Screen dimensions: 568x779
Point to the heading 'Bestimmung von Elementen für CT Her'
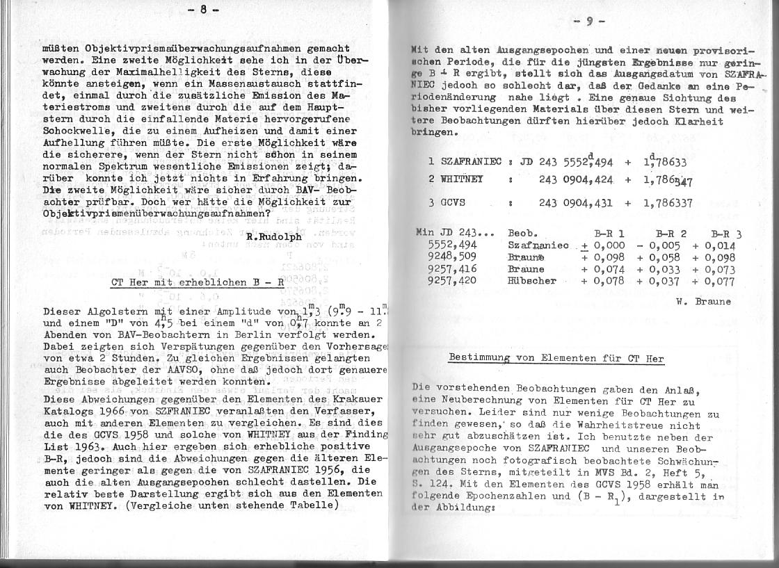click(x=556, y=359)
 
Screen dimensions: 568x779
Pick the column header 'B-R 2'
click(x=671, y=235)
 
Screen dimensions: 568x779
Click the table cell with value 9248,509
click(x=453, y=257)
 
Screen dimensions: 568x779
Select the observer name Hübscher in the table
click(x=532, y=281)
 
